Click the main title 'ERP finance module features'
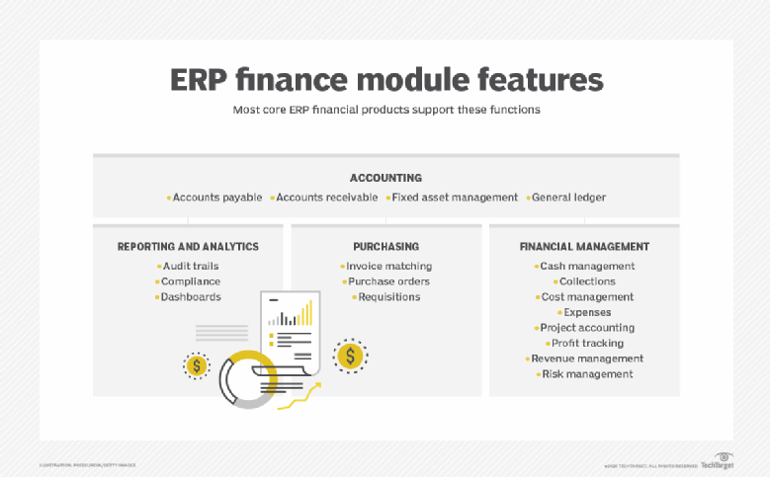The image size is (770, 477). coord(385,79)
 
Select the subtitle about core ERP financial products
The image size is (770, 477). coord(385,110)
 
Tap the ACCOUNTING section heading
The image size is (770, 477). coord(385,178)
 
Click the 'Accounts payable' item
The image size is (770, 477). coord(216,198)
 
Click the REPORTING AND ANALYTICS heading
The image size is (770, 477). coord(188,246)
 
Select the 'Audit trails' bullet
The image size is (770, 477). coord(190,266)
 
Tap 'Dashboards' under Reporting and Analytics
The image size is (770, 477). coord(190,296)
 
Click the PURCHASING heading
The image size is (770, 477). coord(385,246)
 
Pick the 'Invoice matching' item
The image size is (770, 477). coord(387,266)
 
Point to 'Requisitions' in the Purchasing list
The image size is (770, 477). coord(387,296)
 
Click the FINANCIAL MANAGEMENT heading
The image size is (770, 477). coord(584,246)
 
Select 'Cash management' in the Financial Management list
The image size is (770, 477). coord(586,266)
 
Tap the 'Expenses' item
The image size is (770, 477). coord(586,312)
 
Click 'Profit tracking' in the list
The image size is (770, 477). coord(586,343)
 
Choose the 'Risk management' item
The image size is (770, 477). coord(586,374)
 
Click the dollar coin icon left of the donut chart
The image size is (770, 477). coord(198,365)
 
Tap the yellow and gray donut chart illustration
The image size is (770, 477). coord(247,377)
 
